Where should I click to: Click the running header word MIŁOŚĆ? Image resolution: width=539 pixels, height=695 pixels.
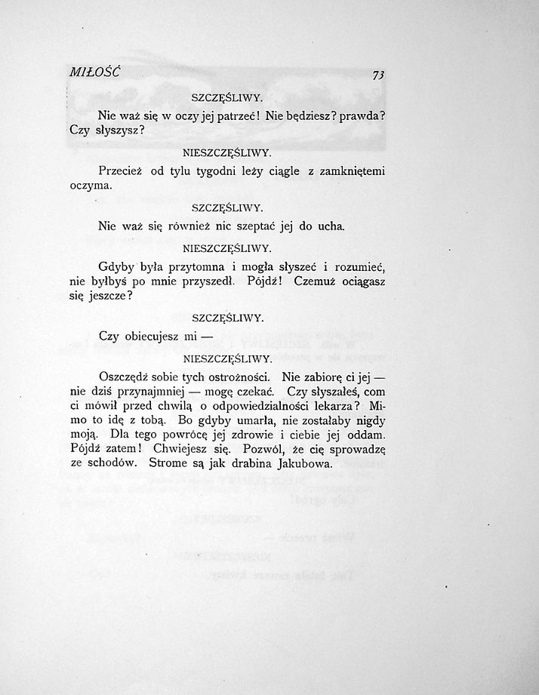point(94,72)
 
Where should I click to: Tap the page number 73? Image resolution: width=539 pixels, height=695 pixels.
point(378,75)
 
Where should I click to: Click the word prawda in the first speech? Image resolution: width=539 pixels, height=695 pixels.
point(356,116)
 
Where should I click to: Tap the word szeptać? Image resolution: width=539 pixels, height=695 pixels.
point(253,226)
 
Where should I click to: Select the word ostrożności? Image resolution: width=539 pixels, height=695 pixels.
point(238,376)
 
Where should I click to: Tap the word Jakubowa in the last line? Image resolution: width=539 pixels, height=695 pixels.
point(300,463)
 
